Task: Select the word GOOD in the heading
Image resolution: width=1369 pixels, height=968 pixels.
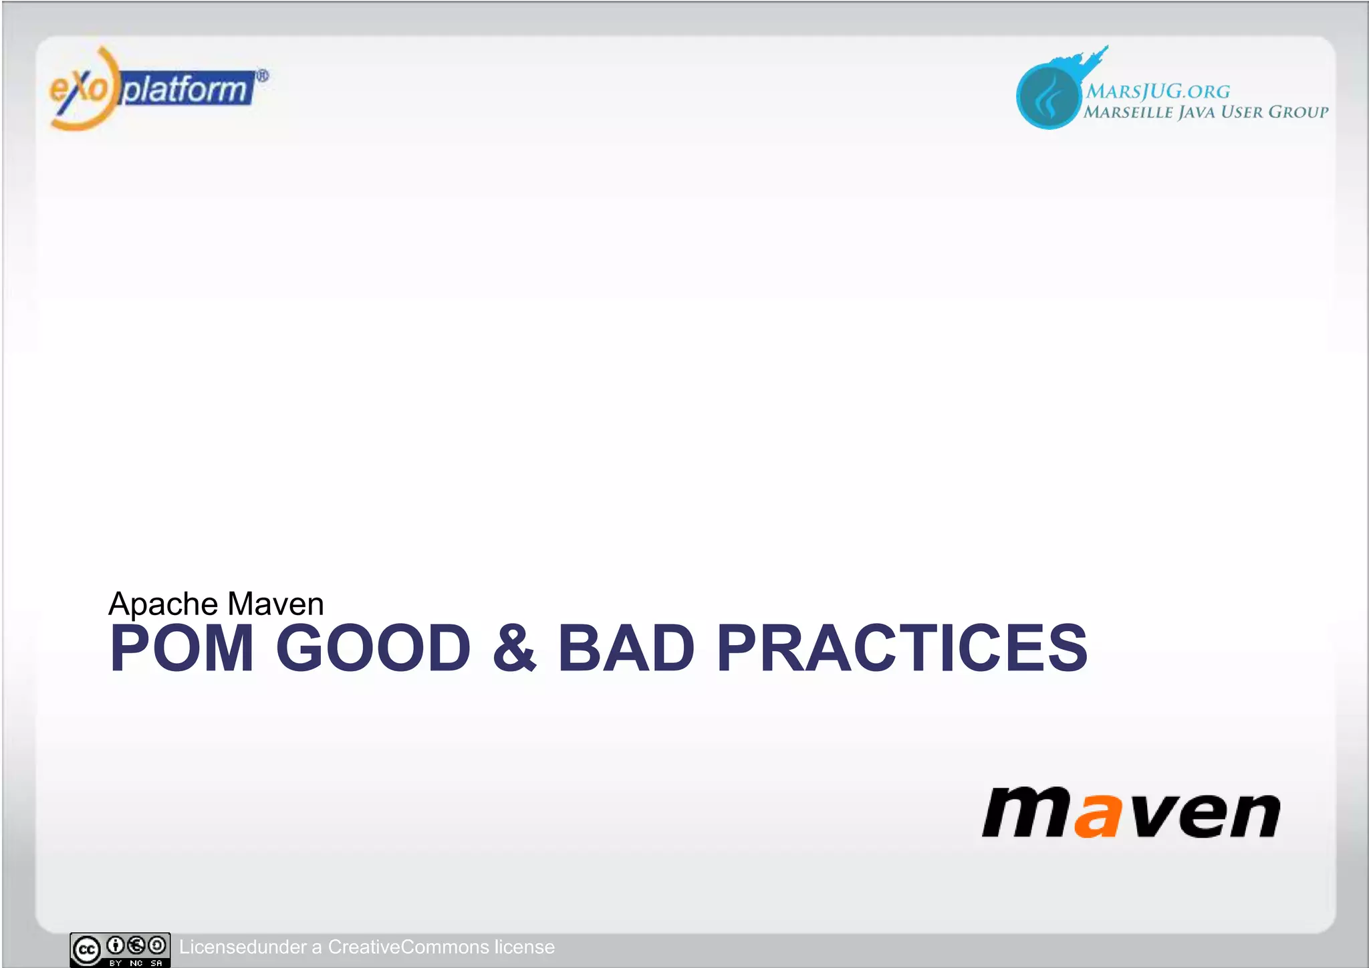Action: coord(373,648)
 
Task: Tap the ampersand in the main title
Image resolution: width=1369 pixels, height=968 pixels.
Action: coord(513,648)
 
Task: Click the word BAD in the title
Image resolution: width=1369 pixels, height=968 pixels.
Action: coord(626,648)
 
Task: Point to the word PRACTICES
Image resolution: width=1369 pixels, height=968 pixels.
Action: coord(902,648)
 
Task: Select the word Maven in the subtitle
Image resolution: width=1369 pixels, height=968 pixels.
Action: coord(275,604)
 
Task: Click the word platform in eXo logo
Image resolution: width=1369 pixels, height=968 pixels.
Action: coord(186,89)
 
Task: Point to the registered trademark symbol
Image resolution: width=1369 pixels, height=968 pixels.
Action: coord(263,76)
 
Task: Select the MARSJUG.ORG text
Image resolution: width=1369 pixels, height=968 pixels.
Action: coord(1157,91)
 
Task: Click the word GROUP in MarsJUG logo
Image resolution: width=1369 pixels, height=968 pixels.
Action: coord(1298,112)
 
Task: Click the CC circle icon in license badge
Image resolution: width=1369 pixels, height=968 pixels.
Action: coord(87,949)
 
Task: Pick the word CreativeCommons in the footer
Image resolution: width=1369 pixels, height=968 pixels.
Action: coord(408,947)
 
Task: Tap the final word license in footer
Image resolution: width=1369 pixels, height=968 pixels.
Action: coord(524,947)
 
